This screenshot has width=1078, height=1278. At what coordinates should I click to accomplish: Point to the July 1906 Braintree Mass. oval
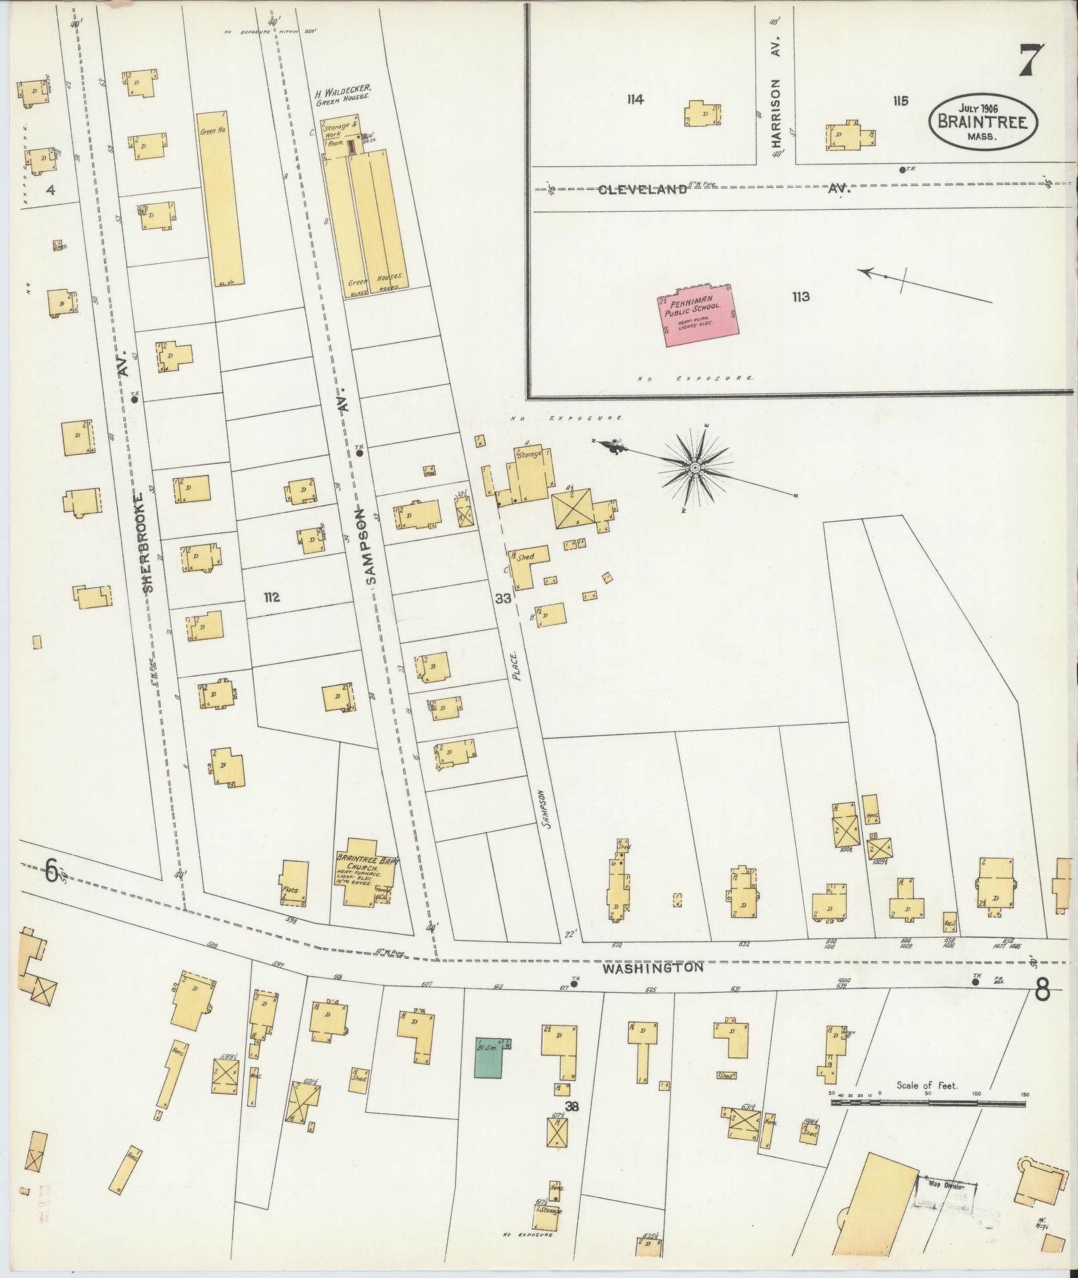pyautogui.click(x=982, y=122)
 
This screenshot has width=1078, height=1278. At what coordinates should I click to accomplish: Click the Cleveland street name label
pyautogui.click(x=642, y=190)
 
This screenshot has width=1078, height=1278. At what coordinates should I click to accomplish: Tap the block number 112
pyautogui.click(x=271, y=597)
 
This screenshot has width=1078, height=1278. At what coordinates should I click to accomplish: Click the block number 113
pyautogui.click(x=801, y=297)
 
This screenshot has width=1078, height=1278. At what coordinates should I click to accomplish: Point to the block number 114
pyautogui.click(x=635, y=100)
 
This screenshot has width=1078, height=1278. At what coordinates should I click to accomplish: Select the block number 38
pyautogui.click(x=571, y=1106)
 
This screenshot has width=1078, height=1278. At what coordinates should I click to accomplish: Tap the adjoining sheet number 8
pyautogui.click(x=1041, y=990)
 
